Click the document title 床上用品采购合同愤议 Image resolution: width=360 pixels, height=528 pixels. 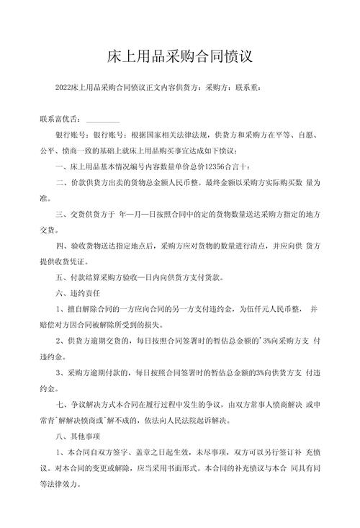click(x=180, y=55)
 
